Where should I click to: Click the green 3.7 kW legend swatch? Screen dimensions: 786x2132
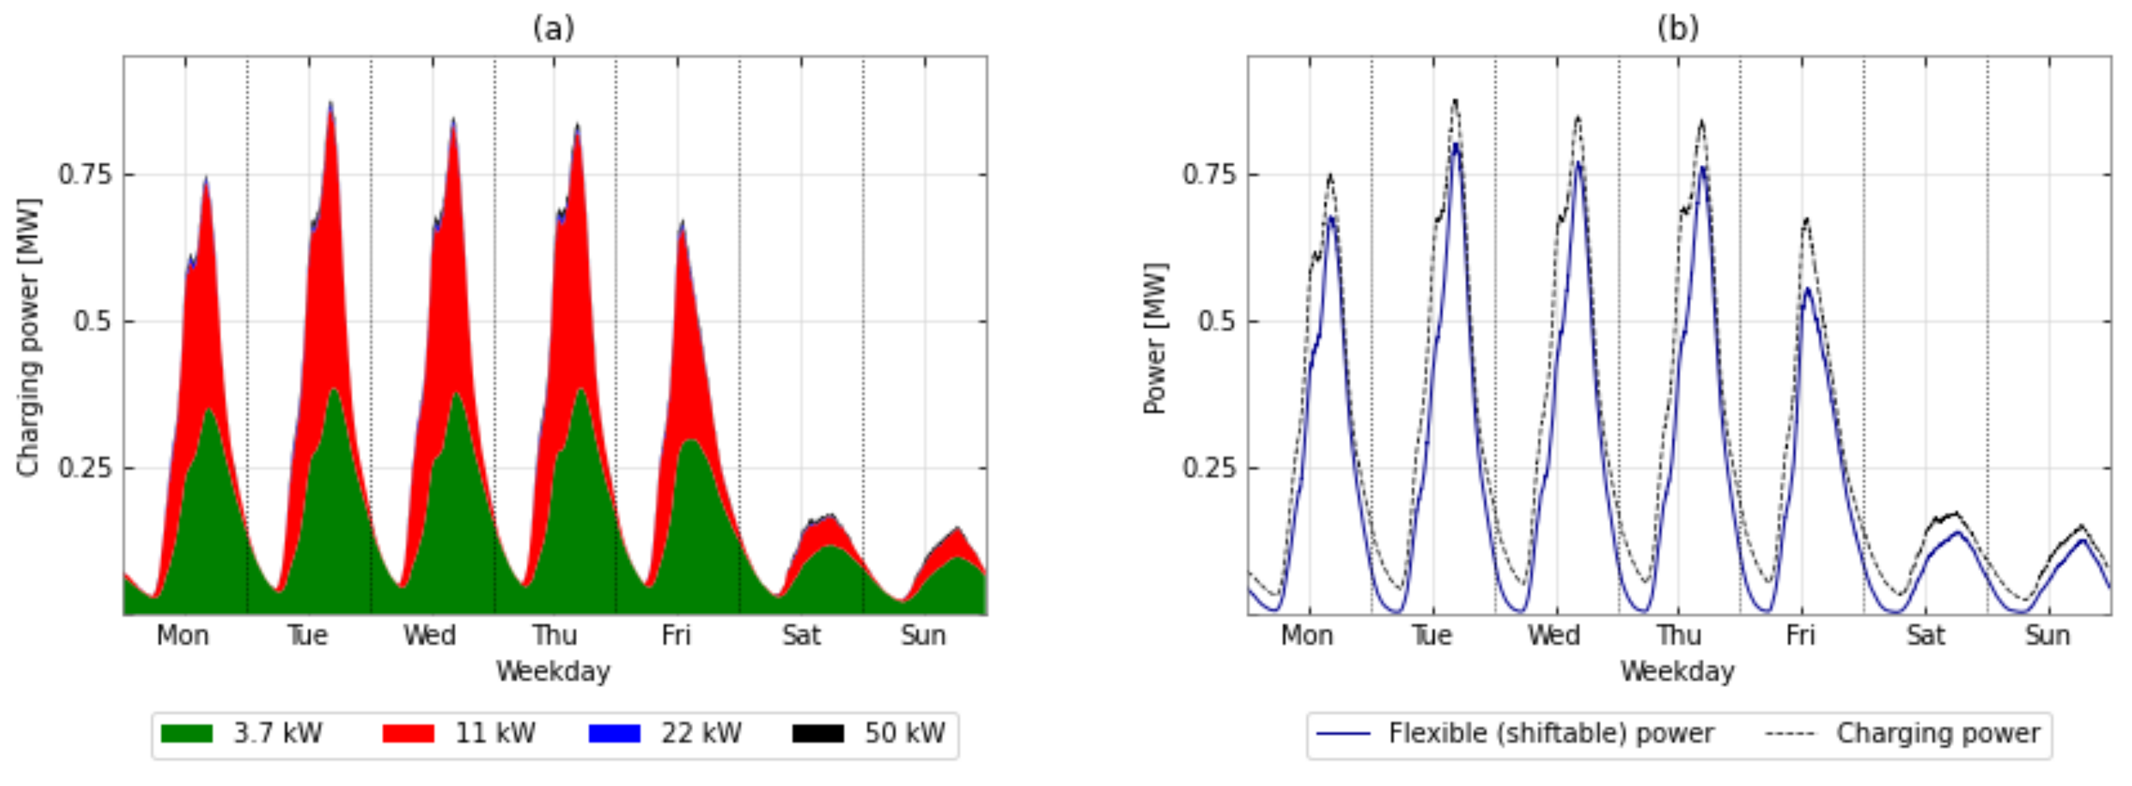(x=186, y=734)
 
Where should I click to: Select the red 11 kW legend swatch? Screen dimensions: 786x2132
(x=408, y=734)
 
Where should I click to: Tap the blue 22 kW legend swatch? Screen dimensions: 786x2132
(x=614, y=734)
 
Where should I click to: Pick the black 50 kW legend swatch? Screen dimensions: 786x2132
(x=818, y=734)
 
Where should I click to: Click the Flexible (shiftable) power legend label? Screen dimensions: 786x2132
(x=1550, y=734)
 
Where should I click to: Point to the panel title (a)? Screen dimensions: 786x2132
(x=553, y=29)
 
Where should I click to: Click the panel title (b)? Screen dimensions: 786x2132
(x=1677, y=29)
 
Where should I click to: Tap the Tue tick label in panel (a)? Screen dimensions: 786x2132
(x=307, y=636)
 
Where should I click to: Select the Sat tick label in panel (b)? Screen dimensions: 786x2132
(x=1925, y=636)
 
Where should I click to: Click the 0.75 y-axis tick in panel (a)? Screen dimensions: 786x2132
(x=84, y=175)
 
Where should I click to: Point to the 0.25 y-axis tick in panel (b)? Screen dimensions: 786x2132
(x=1208, y=468)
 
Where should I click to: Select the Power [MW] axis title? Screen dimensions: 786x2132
(x=1155, y=339)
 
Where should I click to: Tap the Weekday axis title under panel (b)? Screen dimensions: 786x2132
(x=1677, y=671)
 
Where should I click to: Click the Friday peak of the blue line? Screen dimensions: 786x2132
(x=1808, y=290)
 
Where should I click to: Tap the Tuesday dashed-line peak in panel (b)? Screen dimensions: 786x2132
(x=1455, y=101)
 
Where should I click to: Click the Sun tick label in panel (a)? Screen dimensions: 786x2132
(x=923, y=636)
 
